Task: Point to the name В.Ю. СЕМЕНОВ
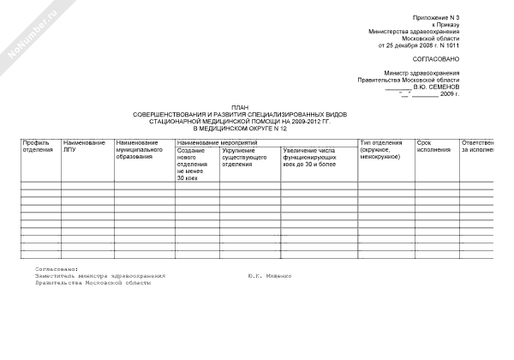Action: [x=437, y=87]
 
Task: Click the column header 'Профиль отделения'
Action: [x=39, y=146]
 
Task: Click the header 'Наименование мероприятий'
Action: [x=213, y=141]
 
